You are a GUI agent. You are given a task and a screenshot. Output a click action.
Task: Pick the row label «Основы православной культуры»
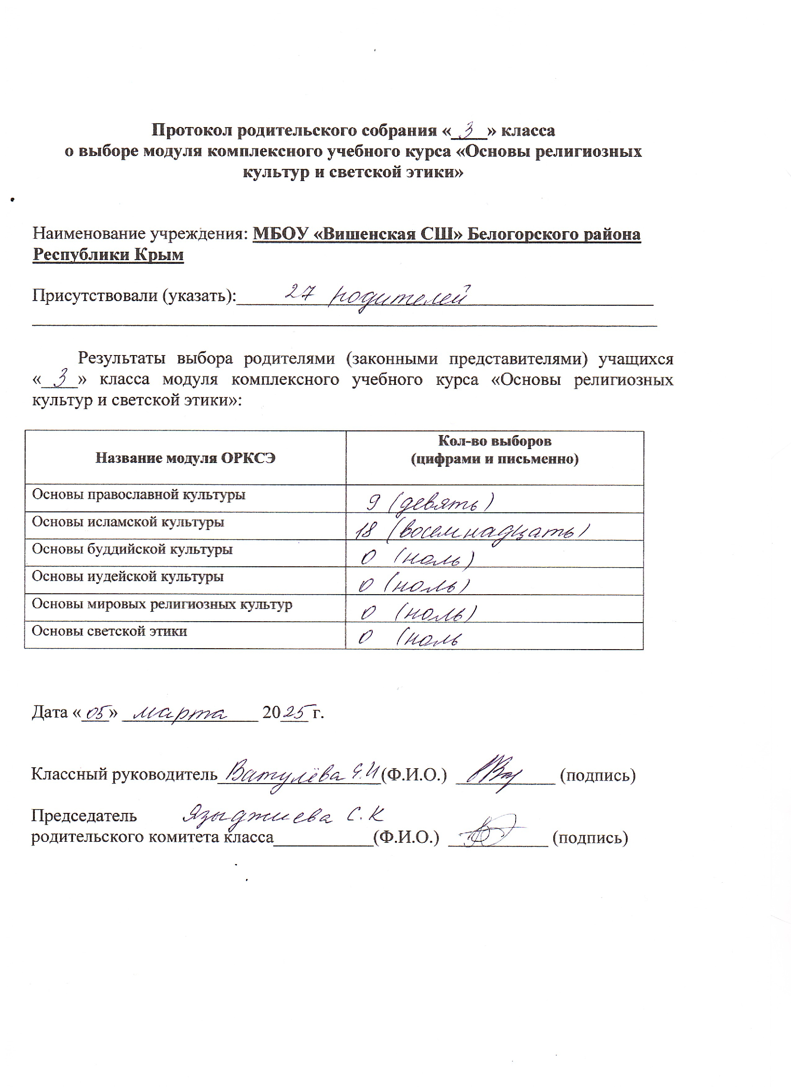(x=139, y=495)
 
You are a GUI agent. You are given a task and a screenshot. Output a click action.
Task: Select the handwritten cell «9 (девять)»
(x=429, y=502)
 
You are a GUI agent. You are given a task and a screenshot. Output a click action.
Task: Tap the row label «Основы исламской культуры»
(x=128, y=522)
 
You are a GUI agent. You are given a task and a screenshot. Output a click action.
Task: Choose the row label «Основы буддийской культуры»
(x=132, y=549)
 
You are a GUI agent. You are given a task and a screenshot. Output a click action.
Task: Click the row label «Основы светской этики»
(x=109, y=631)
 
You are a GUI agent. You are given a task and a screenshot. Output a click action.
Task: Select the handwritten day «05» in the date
(x=96, y=713)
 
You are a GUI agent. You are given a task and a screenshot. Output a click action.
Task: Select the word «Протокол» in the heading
(x=192, y=130)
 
